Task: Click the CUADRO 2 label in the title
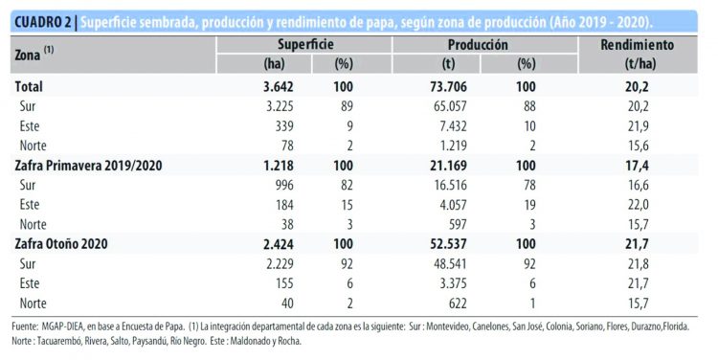pyautogui.click(x=38, y=22)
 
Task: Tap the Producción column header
pyautogui.click(x=479, y=45)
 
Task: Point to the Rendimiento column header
pyautogui.click(x=638, y=45)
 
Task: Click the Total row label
pyautogui.click(x=29, y=87)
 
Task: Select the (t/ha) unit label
pyautogui.click(x=638, y=64)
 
